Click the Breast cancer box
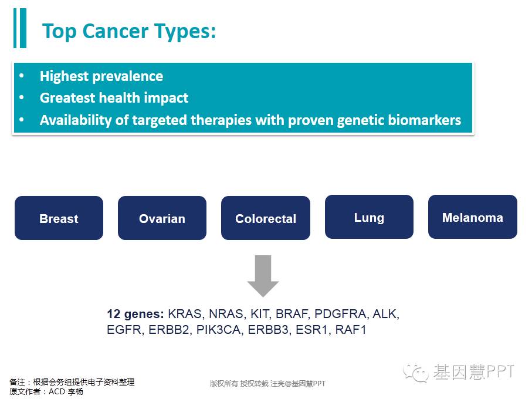pyautogui.click(x=59, y=218)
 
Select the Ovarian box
pyautogui.click(x=162, y=218)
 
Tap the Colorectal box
pyautogui.click(x=266, y=218)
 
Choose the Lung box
pyautogui.click(x=369, y=217)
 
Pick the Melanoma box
pyautogui.click(x=473, y=217)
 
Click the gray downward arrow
pyautogui.click(x=263, y=276)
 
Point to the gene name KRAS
pyautogui.click(x=185, y=314)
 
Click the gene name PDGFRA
pyautogui.click(x=340, y=314)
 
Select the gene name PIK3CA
pyautogui.click(x=219, y=330)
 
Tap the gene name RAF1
pyautogui.click(x=351, y=330)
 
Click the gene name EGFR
pyautogui.click(x=124, y=330)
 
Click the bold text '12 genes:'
pyautogui.click(x=135, y=314)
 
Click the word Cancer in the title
pyautogui.click(x=116, y=31)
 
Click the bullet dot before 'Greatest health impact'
pyautogui.click(x=22, y=98)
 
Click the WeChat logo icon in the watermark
pyautogui.click(x=416, y=373)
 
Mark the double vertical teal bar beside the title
pyautogui.click(x=20, y=28)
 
